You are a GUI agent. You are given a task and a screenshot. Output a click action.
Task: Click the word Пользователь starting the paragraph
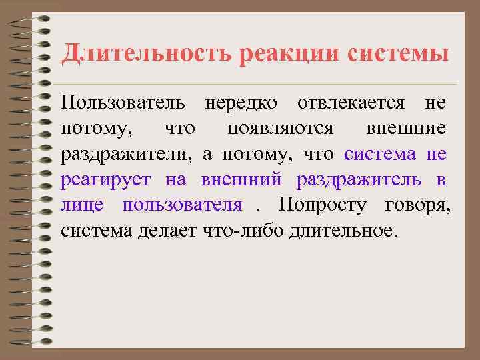127,104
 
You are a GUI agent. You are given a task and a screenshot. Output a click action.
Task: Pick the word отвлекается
351,104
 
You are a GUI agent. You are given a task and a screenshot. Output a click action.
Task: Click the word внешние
406,129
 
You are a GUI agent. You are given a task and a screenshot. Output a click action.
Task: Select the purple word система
380,155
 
